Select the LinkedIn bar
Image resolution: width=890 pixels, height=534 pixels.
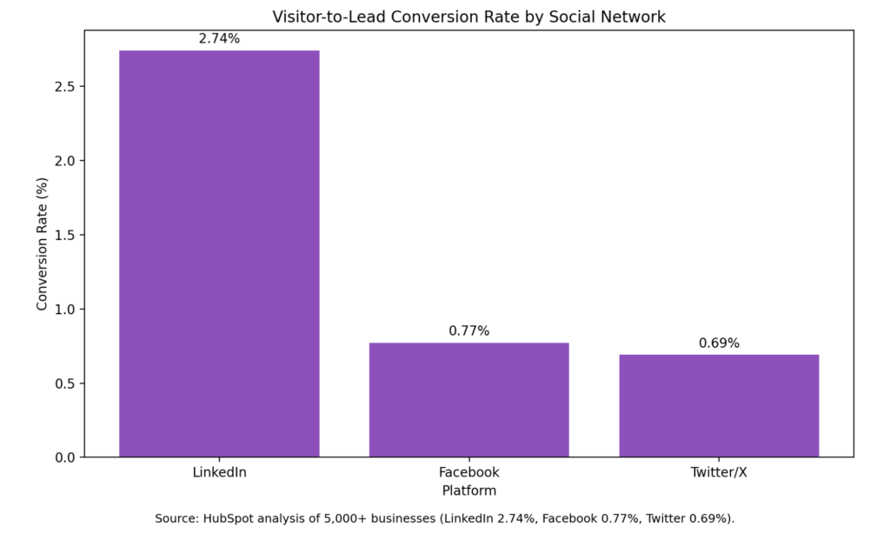(219, 253)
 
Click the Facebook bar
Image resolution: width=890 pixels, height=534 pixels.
(468, 400)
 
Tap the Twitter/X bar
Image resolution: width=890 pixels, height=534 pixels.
(719, 405)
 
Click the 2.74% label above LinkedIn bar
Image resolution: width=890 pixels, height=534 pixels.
(219, 38)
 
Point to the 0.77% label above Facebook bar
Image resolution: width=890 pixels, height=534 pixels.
(468, 330)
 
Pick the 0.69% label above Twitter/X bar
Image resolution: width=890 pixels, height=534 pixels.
(719, 344)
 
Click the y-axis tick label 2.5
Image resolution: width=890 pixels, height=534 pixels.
(65, 86)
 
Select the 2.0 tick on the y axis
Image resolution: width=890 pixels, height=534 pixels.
(65, 161)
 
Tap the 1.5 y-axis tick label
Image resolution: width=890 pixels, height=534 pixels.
(65, 235)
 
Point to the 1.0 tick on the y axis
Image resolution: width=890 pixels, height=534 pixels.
(65, 309)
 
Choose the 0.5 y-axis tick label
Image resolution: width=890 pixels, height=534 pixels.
(65, 384)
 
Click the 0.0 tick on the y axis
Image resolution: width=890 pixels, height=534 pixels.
(65, 457)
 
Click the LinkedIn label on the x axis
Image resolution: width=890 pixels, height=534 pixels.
(219, 472)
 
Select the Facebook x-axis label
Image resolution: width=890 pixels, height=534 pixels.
(468, 472)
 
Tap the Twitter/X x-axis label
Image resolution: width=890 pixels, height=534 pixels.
(719, 472)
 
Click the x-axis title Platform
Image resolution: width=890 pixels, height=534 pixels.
(468, 491)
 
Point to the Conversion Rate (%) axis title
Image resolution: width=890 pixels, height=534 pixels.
(42, 244)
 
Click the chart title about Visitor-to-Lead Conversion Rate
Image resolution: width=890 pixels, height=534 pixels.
(468, 17)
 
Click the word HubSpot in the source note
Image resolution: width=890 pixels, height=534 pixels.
(225, 518)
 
